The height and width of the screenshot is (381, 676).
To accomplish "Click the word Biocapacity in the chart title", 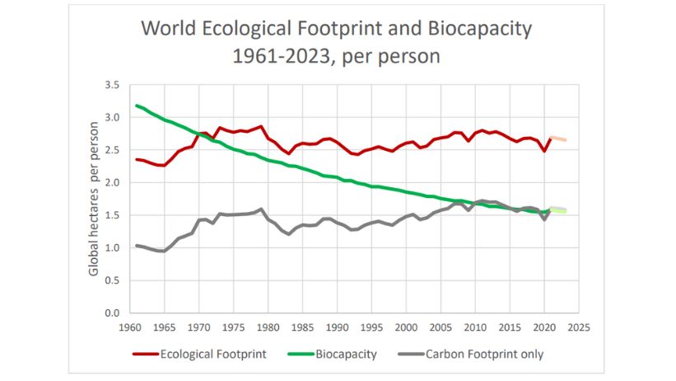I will coord(480,29).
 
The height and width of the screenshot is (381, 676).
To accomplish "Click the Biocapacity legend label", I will coord(348,355).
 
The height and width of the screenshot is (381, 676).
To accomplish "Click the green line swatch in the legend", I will coord(296,355).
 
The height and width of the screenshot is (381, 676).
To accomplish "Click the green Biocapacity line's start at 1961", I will coord(137,106).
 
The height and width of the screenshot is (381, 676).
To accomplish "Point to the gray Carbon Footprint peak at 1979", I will coord(260,209).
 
